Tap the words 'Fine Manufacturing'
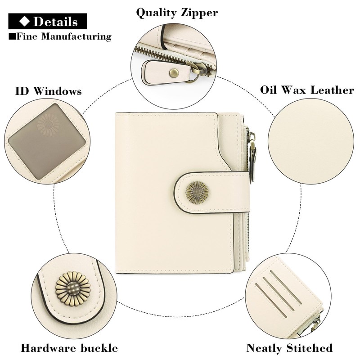(63, 36)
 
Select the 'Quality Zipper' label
(177, 12)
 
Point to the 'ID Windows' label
(49, 91)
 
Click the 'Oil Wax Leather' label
(307, 90)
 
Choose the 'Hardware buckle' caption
(69, 348)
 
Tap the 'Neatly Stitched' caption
(289, 348)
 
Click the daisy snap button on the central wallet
(197, 192)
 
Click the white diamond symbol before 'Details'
(25, 21)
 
